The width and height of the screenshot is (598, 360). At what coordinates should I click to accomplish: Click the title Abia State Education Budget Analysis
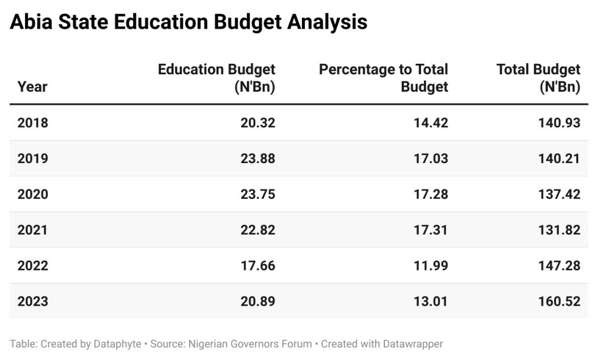click(189, 22)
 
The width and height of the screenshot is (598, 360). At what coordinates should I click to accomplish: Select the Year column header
click(32, 87)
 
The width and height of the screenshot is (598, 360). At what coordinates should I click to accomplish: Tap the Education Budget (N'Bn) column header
click(217, 78)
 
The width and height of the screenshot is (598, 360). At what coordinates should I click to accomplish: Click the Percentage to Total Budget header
click(383, 78)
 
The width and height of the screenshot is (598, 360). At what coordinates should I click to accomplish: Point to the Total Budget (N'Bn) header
click(538, 78)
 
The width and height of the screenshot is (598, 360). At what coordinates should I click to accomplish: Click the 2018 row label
click(33, 123)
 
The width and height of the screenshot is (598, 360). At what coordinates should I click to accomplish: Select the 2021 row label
click(33, 230)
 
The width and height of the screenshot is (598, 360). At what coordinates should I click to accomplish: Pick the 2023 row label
click(33, 302)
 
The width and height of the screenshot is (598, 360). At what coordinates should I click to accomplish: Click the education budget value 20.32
click(258, 123)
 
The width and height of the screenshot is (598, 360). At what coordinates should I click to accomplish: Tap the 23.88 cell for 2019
click(258, 158)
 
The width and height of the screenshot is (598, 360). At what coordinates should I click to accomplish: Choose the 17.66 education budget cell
click(258, 266)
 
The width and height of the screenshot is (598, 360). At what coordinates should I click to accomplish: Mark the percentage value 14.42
click(431, 123)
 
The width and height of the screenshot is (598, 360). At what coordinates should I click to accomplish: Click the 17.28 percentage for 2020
click(431, 195)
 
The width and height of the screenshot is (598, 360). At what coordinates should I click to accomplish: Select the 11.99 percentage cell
click(431, 266)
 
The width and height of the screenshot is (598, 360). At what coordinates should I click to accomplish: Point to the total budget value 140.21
click(559, 158)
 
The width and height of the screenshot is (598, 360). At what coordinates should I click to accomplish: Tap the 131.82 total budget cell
click(559, 230)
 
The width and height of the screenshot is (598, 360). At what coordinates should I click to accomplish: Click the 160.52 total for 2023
click(559, 302)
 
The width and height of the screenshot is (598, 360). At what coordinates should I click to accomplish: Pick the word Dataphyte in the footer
click(117, 344)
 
